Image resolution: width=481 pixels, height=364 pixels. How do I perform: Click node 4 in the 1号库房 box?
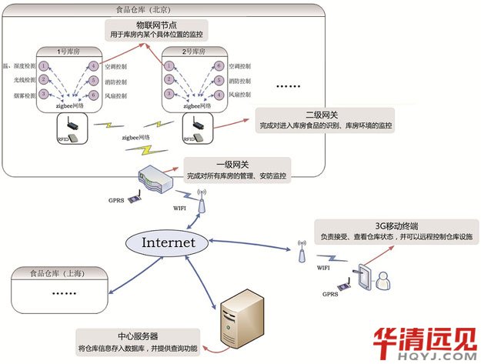(95, 66)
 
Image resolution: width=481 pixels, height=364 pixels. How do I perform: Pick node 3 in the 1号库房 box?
(45, 94)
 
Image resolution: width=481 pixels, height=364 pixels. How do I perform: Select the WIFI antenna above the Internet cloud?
(202, 202)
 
